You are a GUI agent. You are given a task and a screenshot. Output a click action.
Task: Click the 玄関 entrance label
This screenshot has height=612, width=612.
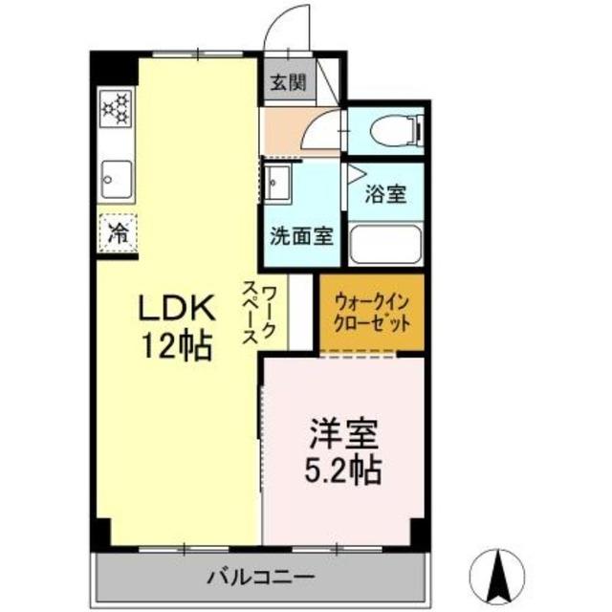(287, 83)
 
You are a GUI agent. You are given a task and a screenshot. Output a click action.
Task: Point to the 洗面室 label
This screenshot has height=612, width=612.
(301, 235)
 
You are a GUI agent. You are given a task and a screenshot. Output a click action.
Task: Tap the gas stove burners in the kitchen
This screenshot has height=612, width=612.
(116, 108)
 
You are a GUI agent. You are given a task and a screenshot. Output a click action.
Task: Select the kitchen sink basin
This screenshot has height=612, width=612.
(116, 178)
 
